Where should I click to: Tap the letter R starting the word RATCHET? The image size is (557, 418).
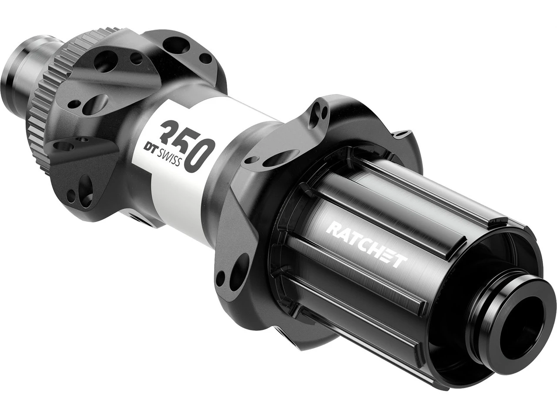[333, 228]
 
